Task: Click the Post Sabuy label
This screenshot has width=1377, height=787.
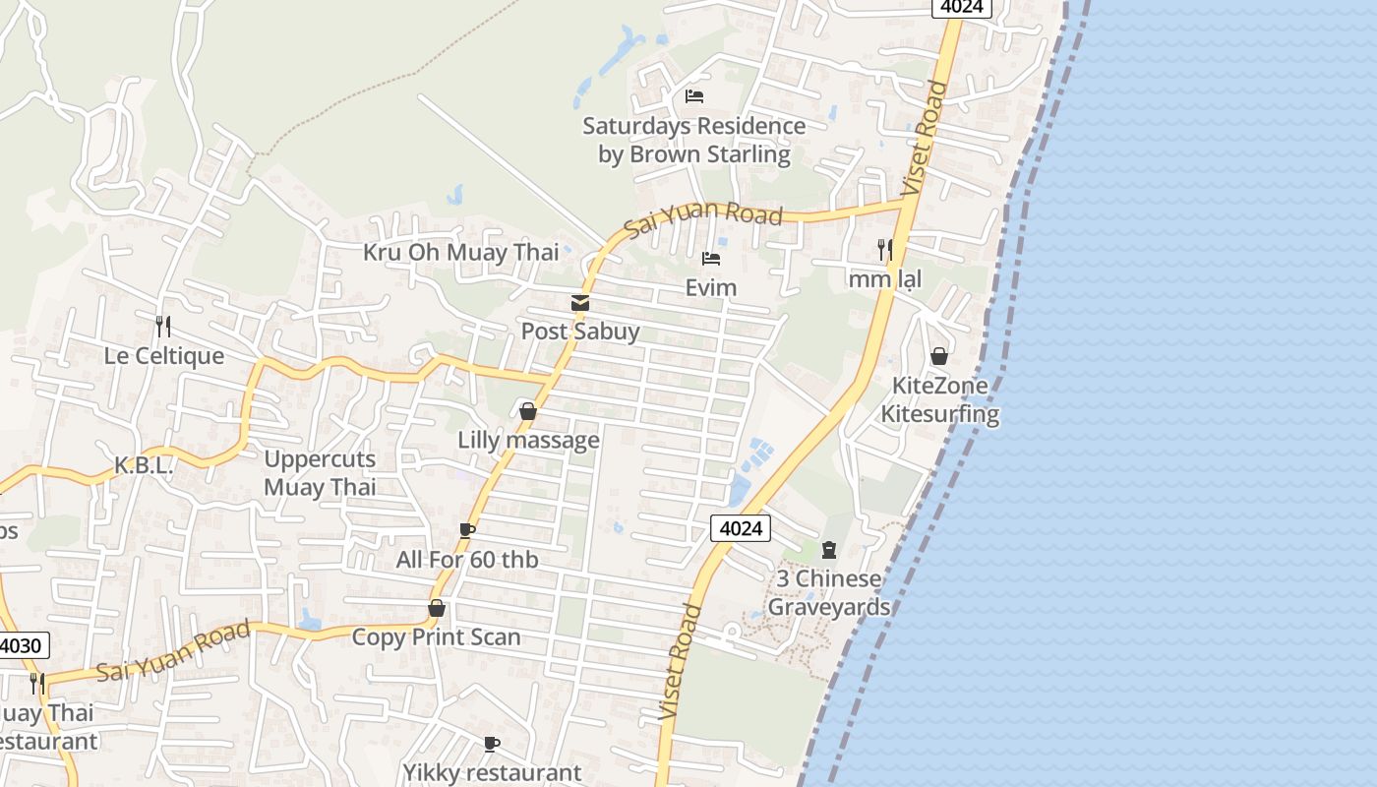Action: click(580, 332)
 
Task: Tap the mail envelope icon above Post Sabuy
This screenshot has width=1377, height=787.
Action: click(580, 303)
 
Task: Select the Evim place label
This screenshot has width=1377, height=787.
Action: click(711, 287)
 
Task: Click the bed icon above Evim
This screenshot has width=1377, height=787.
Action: click(711, 260)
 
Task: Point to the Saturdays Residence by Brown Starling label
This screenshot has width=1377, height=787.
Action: click(694, 140)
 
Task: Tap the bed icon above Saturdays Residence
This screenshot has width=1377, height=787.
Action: click(694, 96)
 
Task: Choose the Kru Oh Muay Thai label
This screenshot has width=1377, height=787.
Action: click(460, 253)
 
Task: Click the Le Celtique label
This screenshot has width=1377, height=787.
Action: click(164, 356)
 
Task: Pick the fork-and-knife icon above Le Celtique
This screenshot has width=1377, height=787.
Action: click(163, 326)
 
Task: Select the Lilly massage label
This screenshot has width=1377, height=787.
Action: click(528, 440)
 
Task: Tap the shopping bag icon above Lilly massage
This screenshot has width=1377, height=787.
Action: click(528, 411)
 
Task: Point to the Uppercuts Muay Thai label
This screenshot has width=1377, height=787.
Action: click(320, 473)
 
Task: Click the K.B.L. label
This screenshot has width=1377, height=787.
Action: click(144, 466)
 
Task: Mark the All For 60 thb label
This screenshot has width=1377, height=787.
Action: click(467, 560)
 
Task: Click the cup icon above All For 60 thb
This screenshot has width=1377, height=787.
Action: click(467, 531)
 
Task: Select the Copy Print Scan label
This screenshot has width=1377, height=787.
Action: click(436, 637)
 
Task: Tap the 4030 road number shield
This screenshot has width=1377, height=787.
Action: click(22, 646)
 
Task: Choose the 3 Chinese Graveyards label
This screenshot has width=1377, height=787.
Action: click(828, 592)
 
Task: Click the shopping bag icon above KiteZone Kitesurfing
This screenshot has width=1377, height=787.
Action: click(939, 356)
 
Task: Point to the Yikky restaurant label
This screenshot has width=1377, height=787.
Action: click(492, 772)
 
